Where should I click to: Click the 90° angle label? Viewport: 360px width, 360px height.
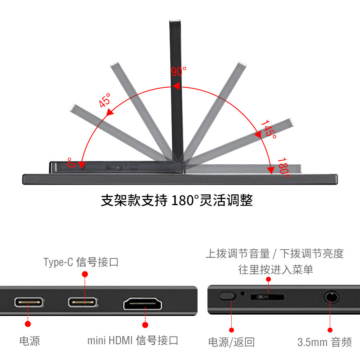pyautogui.click(x=179, y=72)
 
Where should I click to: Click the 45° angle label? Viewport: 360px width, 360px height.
pyautogui.click(x=104, y=100)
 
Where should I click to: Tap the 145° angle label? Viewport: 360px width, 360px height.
pyautogui.click(x=269, y=129)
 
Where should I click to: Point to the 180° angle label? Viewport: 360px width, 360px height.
pyautogui.click(x=283, y=167)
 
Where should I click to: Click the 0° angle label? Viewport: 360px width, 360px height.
pyautogui.click(x=70, y=162)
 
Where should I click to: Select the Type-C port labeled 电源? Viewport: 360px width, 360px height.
pyautogui.click(x=29, y=302)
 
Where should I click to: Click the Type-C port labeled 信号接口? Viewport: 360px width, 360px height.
pyautogui.click(x=83, y=302)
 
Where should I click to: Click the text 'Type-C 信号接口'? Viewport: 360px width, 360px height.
pyautogui.click(x=81, y=262)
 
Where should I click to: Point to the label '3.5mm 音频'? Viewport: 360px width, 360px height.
pyautogui.click(x=324, y=342)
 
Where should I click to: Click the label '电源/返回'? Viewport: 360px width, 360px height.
pyautogui.click(x=231, y=342)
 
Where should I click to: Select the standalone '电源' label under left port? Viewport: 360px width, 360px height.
pyautogui.click(x=30, y=341)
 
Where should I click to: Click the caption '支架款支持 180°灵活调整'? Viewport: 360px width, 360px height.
pyautogui.click(x=176, y=200)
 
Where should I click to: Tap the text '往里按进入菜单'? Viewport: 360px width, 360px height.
pyautogui.click(x=275, y=270)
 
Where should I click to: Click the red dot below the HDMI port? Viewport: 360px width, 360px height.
pyautogui.click(x=145, y=324)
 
